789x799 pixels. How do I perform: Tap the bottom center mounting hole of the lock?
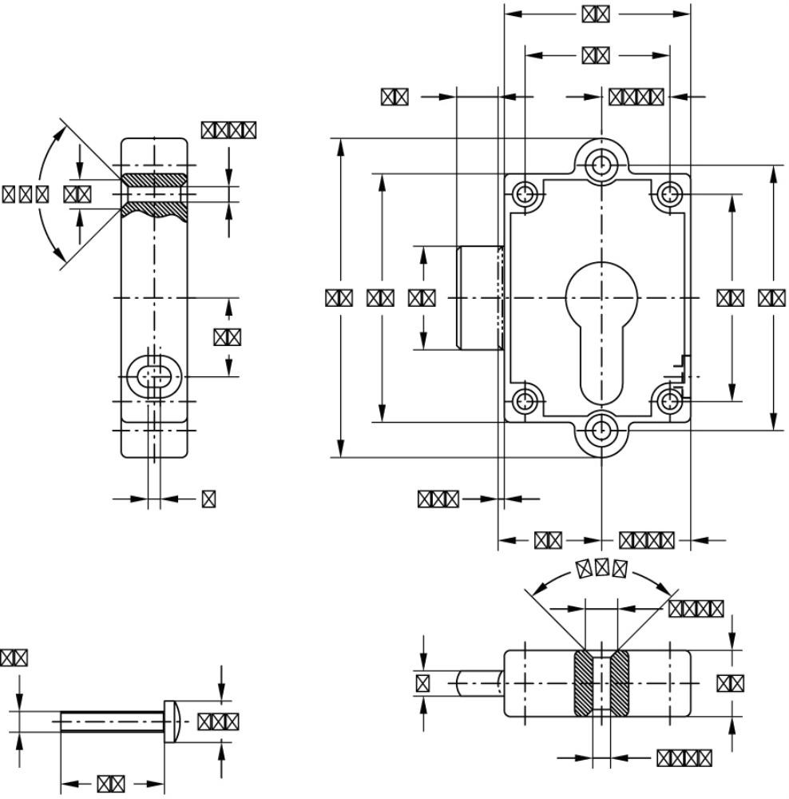(600, 431)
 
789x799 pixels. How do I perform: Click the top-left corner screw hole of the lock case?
(525, 193)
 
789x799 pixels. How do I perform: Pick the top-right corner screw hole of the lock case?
(669, 193)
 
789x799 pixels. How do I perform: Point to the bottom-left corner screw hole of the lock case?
(525, 400)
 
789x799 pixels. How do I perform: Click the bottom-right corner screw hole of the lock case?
(669, 400)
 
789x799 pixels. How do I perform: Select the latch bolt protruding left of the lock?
(478, 298)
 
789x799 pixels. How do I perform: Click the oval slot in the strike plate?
(155, 376)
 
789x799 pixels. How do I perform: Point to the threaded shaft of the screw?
(112, 721)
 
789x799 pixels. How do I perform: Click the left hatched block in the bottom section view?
(583, 683)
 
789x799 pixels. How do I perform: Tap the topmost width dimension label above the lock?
(596, 14)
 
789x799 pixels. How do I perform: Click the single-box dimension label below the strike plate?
(208, 499)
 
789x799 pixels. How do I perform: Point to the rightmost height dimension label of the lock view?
(771, 298)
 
